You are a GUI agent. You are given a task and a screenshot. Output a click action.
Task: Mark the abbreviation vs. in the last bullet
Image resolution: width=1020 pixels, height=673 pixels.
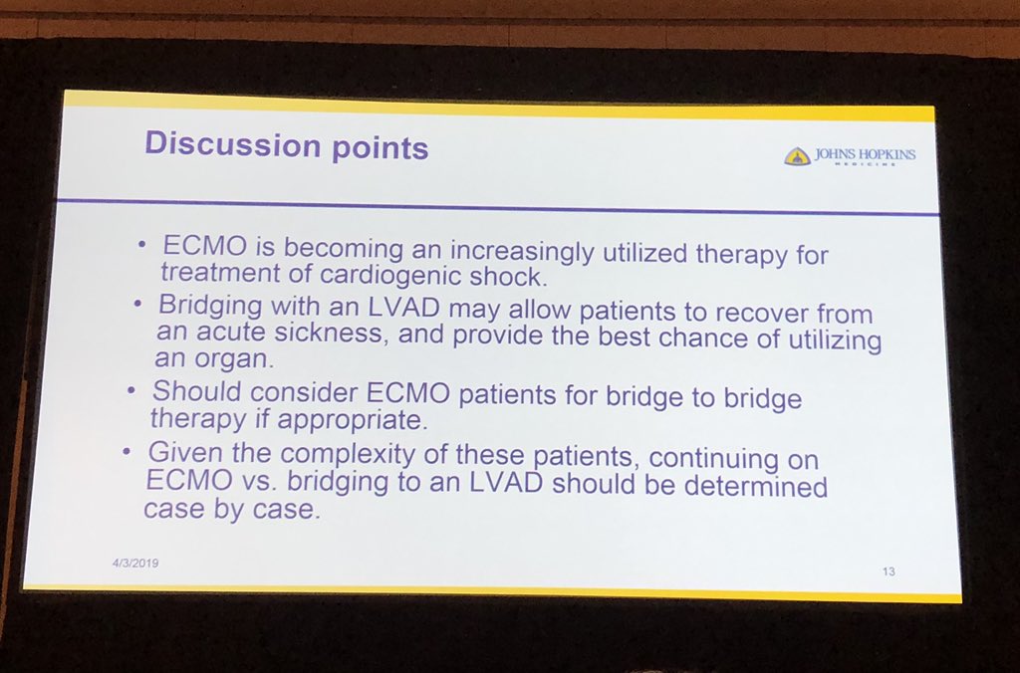tap(269, 482)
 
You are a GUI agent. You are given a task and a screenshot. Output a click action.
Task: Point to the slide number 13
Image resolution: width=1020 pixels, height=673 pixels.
tap(889, 571)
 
